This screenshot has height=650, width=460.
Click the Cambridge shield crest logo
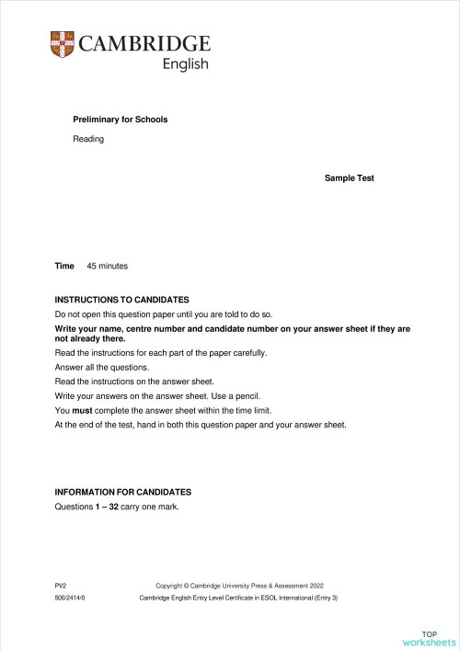[63, 43]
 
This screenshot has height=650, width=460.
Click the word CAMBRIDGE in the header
[144, 43]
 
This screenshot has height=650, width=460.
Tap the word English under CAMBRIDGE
[185, 64]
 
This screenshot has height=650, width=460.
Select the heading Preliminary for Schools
[120, 120]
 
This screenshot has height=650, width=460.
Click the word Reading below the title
[88, 139]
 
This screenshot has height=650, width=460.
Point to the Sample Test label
[349, 178]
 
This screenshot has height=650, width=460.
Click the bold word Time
[64, 266]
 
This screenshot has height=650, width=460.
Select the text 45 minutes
[107, 266]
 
